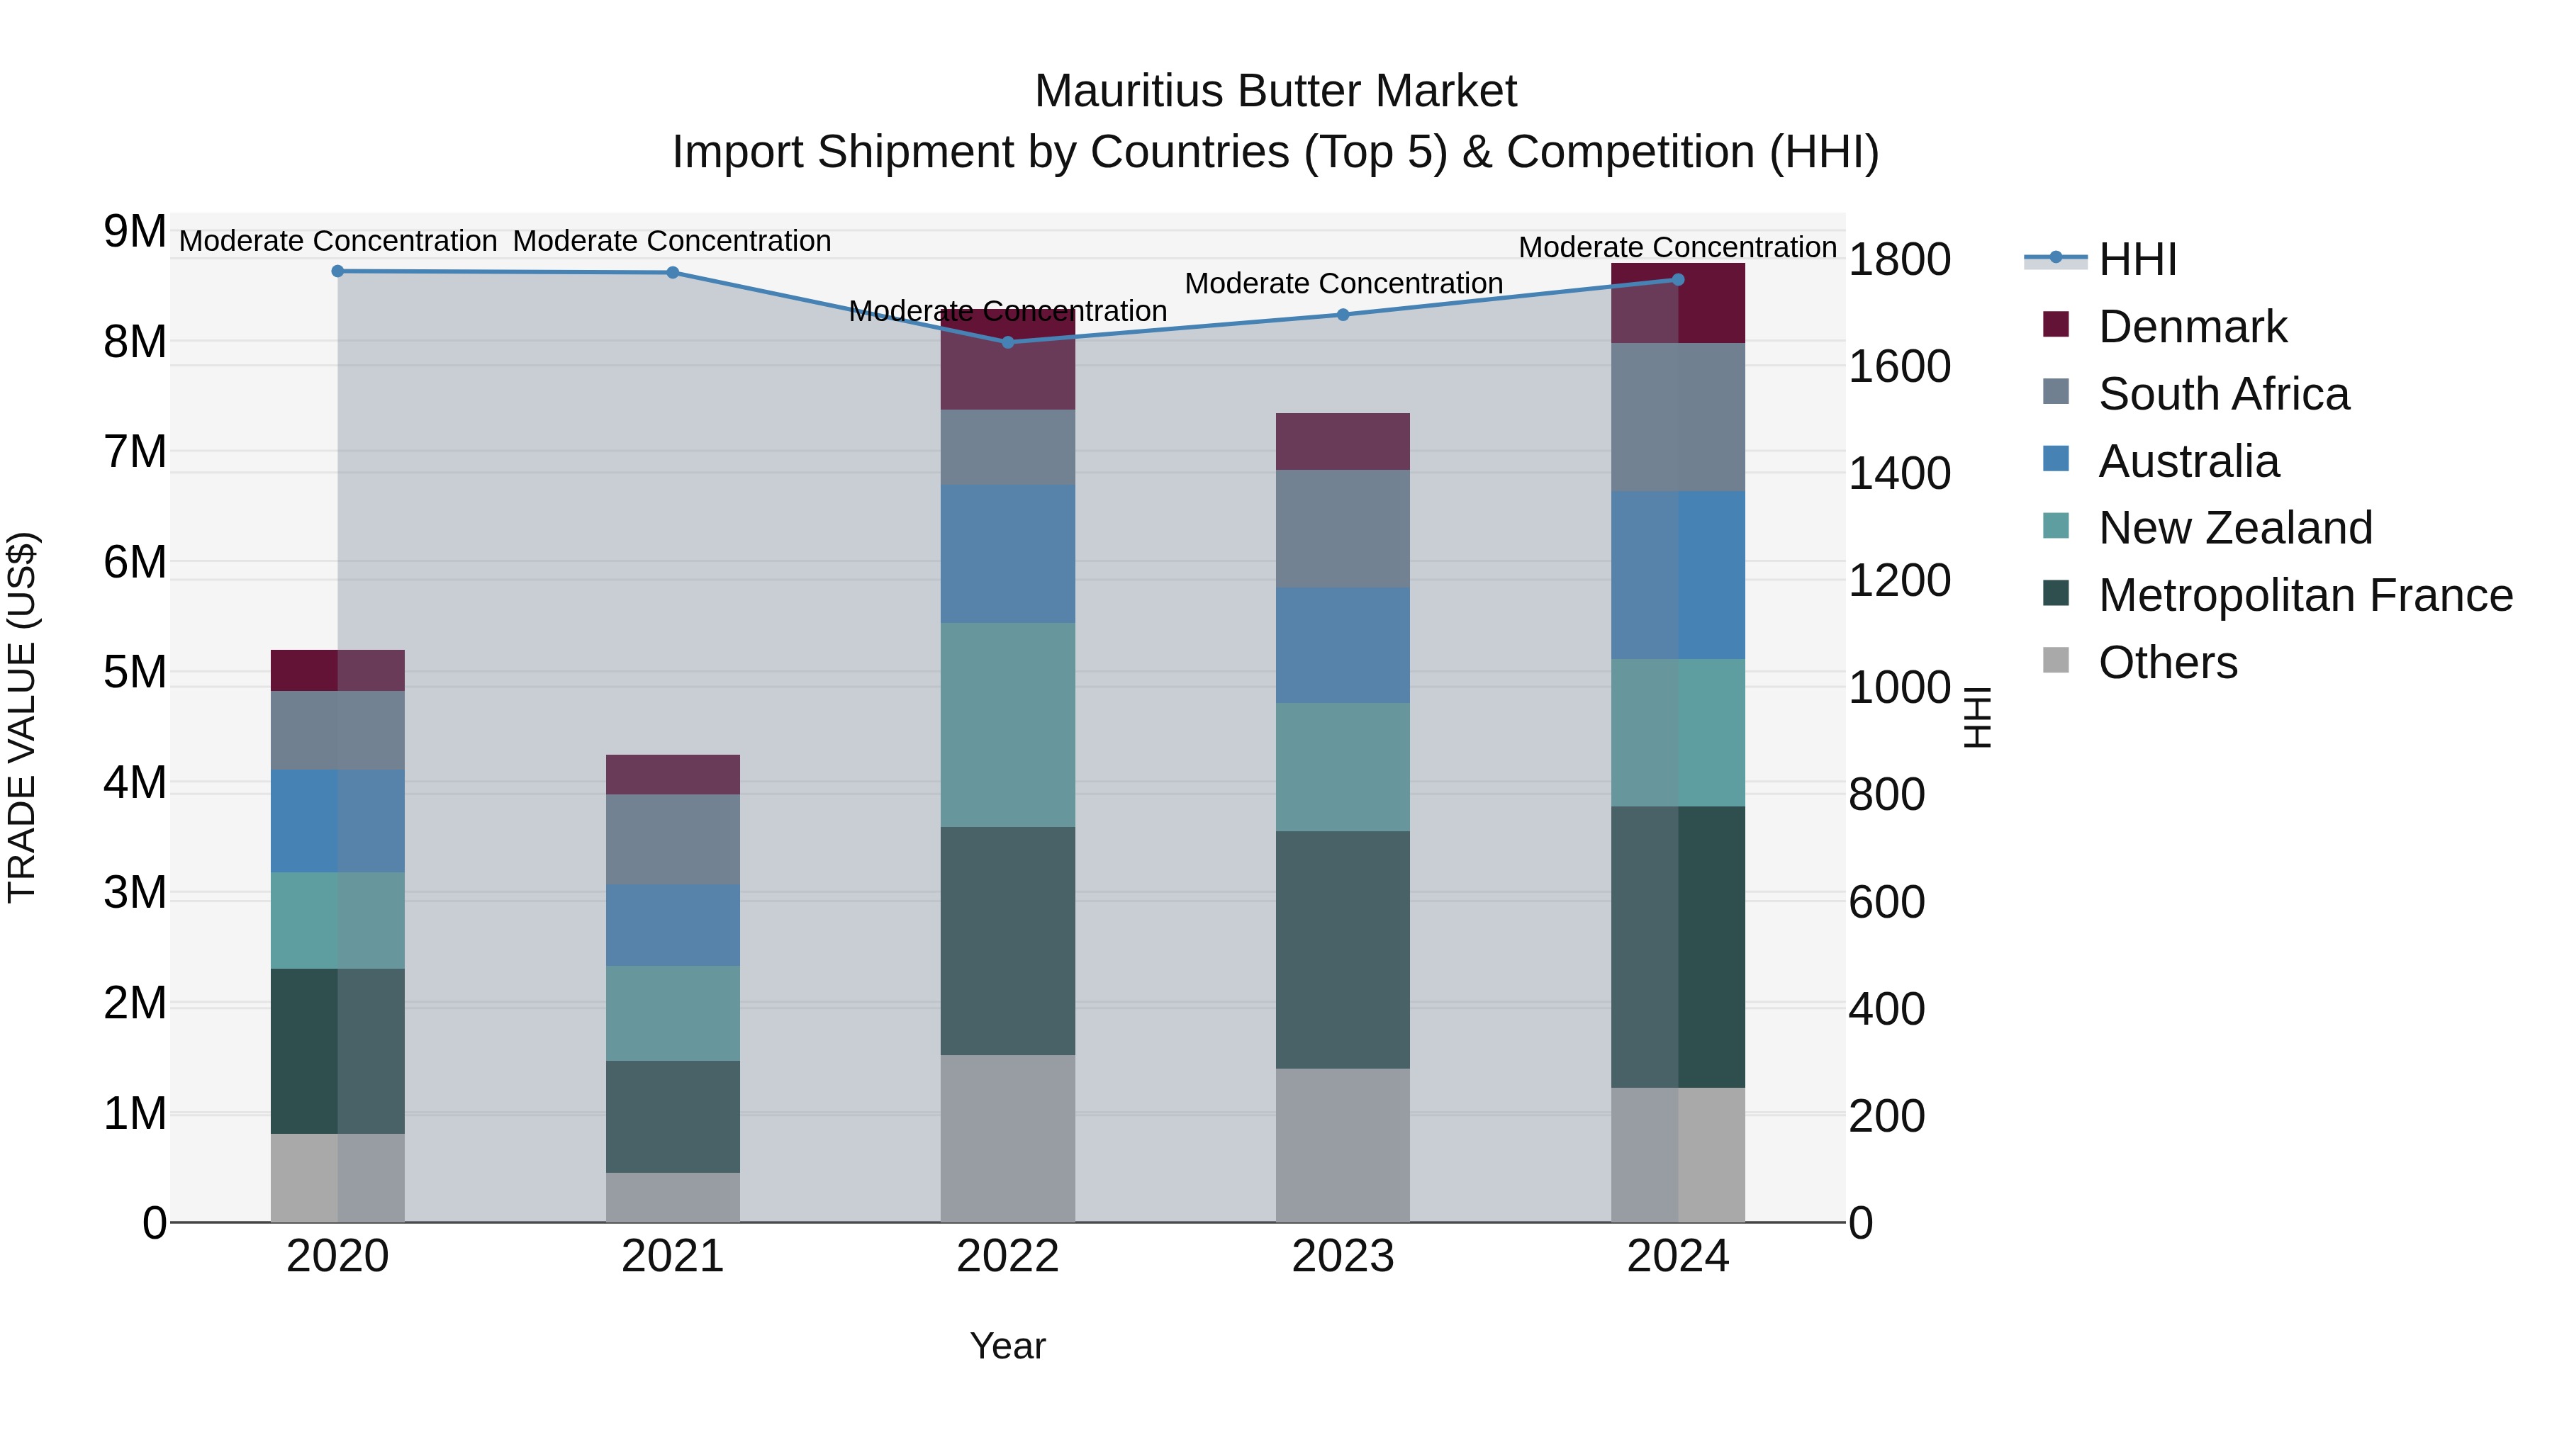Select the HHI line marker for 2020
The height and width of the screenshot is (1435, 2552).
click(338, 271)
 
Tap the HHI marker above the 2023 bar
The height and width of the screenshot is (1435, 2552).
click(1343, 315)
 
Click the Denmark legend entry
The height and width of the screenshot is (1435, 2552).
click(2191, 327)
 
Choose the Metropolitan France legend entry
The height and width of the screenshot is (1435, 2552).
click(2305, 595)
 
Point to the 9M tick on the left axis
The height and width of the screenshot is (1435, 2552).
click(135, 232)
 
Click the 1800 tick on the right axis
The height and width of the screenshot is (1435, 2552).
click(1899, 259)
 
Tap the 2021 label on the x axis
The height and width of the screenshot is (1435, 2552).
click(673, 1256)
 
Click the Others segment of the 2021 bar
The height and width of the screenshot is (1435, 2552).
click(673, 1198)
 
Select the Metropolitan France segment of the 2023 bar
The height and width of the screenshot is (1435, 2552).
click(1343, 949)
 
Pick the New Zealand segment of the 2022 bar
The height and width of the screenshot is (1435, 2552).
click(1007, 724)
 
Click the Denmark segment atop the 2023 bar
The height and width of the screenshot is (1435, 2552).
click(1343, 441)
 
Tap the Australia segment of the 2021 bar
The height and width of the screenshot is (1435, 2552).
click(673, 925)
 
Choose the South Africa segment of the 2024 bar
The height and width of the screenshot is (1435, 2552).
click(1677, 417)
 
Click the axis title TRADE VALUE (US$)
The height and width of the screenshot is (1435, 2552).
click(23, 717)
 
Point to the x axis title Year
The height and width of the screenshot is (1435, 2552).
click(1007, 1346)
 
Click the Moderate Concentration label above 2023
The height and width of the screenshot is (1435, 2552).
click(1343, 283)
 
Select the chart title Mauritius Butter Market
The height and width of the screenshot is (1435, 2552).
click(1275, 91)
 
